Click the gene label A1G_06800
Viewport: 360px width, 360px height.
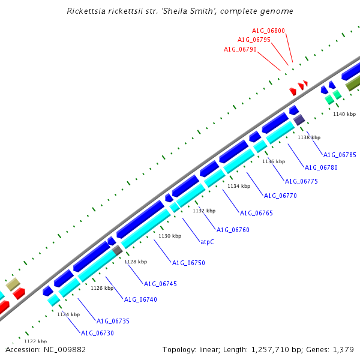[x=268, y=31]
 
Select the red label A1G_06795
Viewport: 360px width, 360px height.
[x=254, y=40]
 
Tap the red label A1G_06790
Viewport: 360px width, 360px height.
[x=240, y=49]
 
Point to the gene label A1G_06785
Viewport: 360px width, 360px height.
[x=340, y=155]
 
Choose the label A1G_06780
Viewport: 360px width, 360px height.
[x=321, y=167]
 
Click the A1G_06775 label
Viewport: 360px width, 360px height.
[x=301, y=181]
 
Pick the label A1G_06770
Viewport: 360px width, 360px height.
[x=280, y=196]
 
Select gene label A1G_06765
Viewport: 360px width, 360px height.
[x=256, y=213]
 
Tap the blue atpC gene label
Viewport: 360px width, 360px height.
[x=207, y=242]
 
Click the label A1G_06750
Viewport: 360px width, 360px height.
[x=188, y=263]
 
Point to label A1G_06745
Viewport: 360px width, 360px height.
[x=160, y=284]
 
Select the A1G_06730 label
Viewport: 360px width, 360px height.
[x=97, y=333]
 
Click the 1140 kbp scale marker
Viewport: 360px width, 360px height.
[x=344, y=114]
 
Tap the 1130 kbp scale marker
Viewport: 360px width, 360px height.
[x=170, y=236]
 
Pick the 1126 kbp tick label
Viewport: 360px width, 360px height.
[x=102, y=288]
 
